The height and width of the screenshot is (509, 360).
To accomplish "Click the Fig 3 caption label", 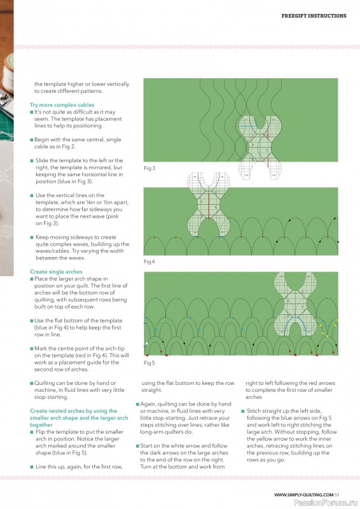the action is coord(149,168).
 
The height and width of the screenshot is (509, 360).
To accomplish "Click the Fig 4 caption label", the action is coord(149,261).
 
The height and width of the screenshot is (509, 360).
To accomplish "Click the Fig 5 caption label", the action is coord(149,363).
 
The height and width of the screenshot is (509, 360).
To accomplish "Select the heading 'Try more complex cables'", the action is coord(62,105).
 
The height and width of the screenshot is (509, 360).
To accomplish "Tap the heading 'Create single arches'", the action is coord(56,272).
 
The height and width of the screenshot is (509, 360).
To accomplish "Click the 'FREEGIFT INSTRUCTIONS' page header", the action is coord(314,15).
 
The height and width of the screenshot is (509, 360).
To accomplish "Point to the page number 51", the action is coord(337,495).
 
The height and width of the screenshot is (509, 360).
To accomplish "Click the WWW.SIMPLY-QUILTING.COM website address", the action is coord(304,495).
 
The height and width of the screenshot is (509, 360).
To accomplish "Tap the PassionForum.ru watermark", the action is coord(326,503).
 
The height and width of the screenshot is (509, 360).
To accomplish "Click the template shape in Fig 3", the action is coord(260,147).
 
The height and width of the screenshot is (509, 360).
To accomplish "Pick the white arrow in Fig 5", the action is coord(146,343).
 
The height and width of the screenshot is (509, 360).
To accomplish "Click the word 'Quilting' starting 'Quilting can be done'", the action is coord(44,383).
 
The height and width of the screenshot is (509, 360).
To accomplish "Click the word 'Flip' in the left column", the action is coord(40,432).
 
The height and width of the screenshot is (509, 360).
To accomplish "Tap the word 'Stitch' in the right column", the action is coord(254,411).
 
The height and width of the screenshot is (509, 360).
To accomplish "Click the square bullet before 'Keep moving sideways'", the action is coord(32,237).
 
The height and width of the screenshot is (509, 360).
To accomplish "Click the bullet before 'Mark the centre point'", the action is coord(32,349).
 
